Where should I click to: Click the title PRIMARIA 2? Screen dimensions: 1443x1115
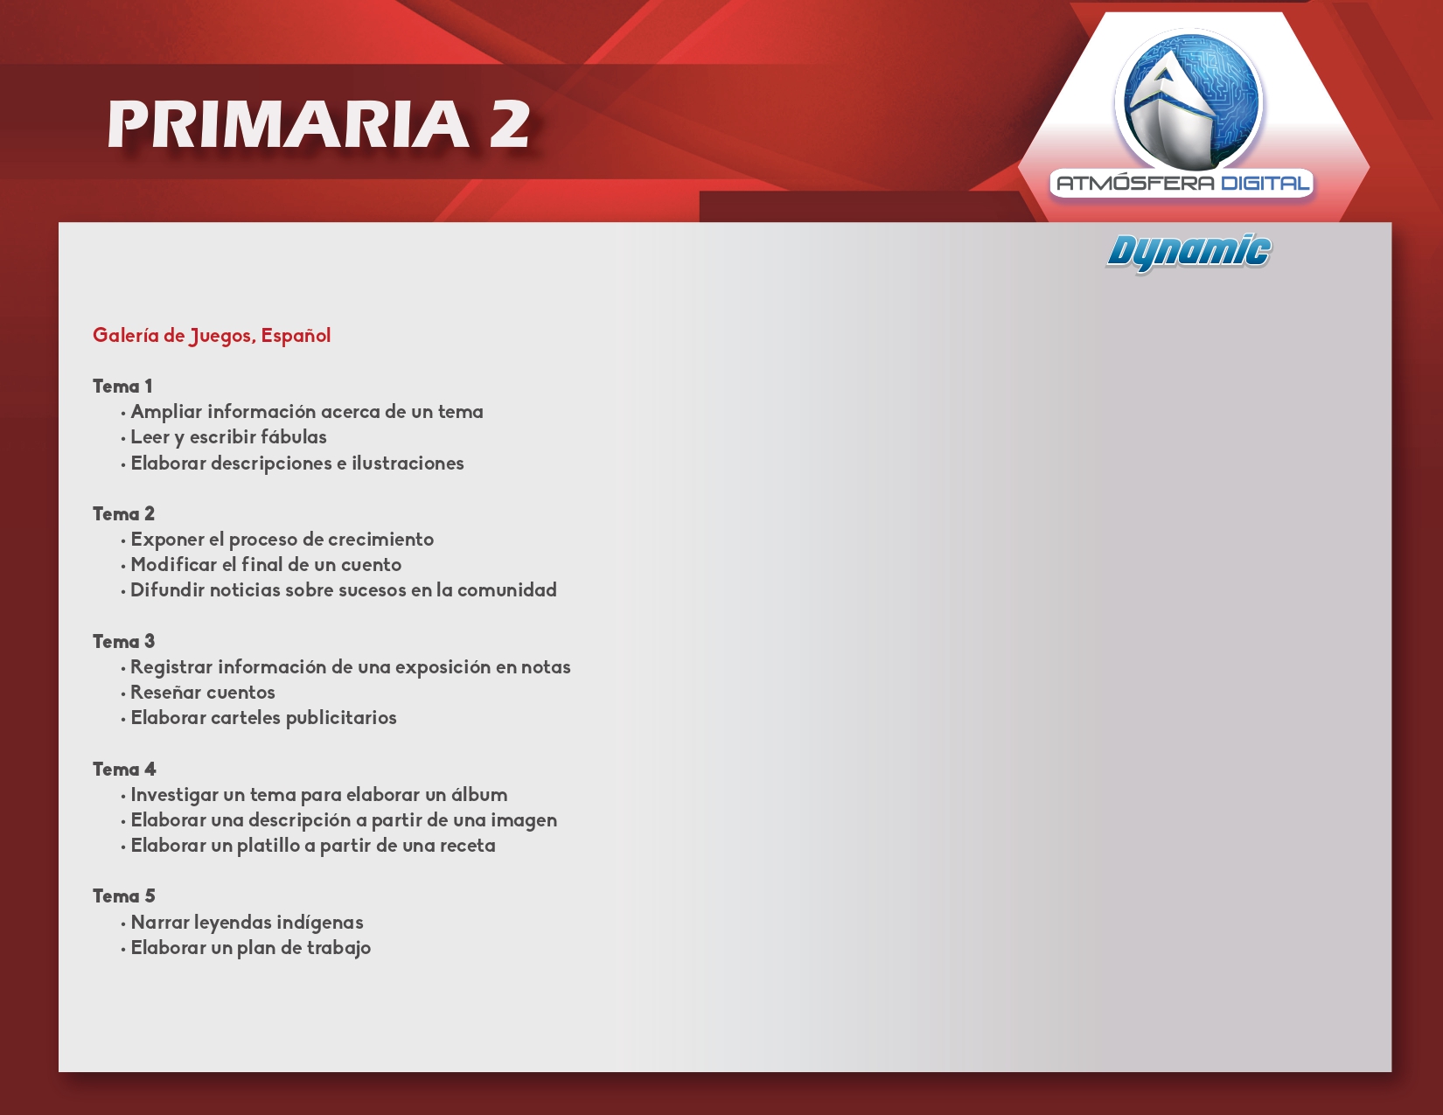[x=318, y=123]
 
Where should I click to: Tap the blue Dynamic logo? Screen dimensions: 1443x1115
[x=1189, y=253]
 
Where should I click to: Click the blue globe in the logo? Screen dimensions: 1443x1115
[x=1189, y=100]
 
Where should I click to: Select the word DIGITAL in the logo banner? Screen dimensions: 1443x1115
[x=1265, y=184]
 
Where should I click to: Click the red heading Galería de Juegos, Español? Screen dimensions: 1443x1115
[x=212, y=335]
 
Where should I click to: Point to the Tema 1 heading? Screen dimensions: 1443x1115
[x=122, y=386]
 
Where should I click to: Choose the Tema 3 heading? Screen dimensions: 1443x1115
[x=123, y=641]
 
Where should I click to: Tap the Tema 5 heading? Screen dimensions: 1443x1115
[x=123, y=895]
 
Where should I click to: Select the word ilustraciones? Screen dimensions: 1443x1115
[x=408, y=463]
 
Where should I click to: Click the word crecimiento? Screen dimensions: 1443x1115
[x=380, y=540]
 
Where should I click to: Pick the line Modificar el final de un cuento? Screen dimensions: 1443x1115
[x=266, y=564]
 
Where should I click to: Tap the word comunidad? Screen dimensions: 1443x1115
[x=506, y=589]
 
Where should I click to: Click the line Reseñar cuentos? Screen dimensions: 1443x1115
[x=203, y=692]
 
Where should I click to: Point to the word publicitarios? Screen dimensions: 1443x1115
[x=341, y=718]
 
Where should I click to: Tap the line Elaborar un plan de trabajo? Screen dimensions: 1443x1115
[x=250, y=948]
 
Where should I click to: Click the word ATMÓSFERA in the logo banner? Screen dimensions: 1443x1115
[x=1135, y=183]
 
